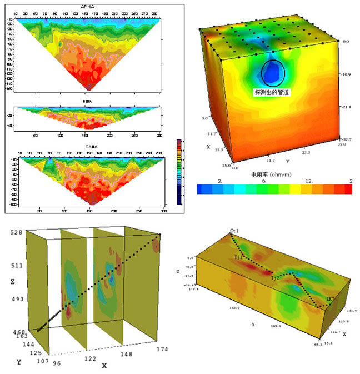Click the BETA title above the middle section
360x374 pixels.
(x=88, y=102)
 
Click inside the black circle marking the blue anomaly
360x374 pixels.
(x=273, y=72)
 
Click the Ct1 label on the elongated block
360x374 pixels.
(x=234, y=230)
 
